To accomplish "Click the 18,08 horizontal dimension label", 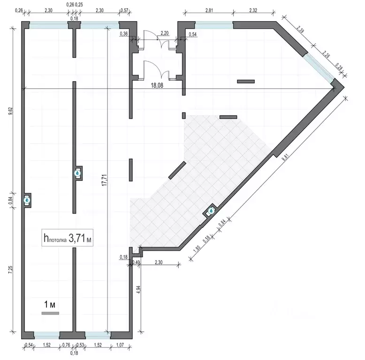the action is (157, 85).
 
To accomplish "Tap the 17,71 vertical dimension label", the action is (105, 180).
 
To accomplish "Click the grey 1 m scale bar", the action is (50, 313).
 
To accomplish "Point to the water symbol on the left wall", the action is (27, 200).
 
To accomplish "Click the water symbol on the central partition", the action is (77, 173).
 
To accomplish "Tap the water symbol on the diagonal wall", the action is (211, 211).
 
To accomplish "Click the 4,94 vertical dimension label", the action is (139, 289).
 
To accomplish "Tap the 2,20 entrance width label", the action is (165, 33).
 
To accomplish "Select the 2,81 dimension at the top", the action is (209, 10).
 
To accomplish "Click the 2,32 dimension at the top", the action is (253, 10).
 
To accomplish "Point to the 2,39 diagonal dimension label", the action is (300, 30).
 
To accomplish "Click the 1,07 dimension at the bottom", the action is (120, 345).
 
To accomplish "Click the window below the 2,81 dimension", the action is (214, 25).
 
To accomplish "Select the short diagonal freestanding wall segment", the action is (177, 170).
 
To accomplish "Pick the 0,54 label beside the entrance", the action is (192, 34).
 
